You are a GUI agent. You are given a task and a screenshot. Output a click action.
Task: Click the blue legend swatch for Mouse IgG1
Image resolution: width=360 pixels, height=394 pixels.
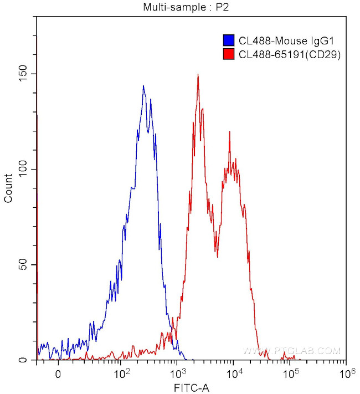click(x=228, y=40)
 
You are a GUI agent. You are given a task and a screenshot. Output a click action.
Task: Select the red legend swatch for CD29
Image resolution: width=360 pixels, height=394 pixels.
click(x=228, y=54)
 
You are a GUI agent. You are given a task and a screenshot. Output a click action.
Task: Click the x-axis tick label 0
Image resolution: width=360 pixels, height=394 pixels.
click(x=58, y=374)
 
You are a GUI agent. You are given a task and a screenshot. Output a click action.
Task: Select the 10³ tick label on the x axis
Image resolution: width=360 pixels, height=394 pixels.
click(x=177, y=373)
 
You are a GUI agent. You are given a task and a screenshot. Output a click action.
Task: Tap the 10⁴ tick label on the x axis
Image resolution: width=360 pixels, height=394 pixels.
click(x=234, y=373)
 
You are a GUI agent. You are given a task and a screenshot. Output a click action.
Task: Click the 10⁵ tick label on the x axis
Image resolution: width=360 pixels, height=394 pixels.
click(x=290, y=373)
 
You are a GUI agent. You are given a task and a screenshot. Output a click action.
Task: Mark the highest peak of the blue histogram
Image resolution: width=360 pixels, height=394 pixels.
click(x=143, y=86)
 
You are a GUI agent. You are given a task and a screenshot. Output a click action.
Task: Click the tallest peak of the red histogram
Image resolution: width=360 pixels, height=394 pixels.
click(x=198, y=75)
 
